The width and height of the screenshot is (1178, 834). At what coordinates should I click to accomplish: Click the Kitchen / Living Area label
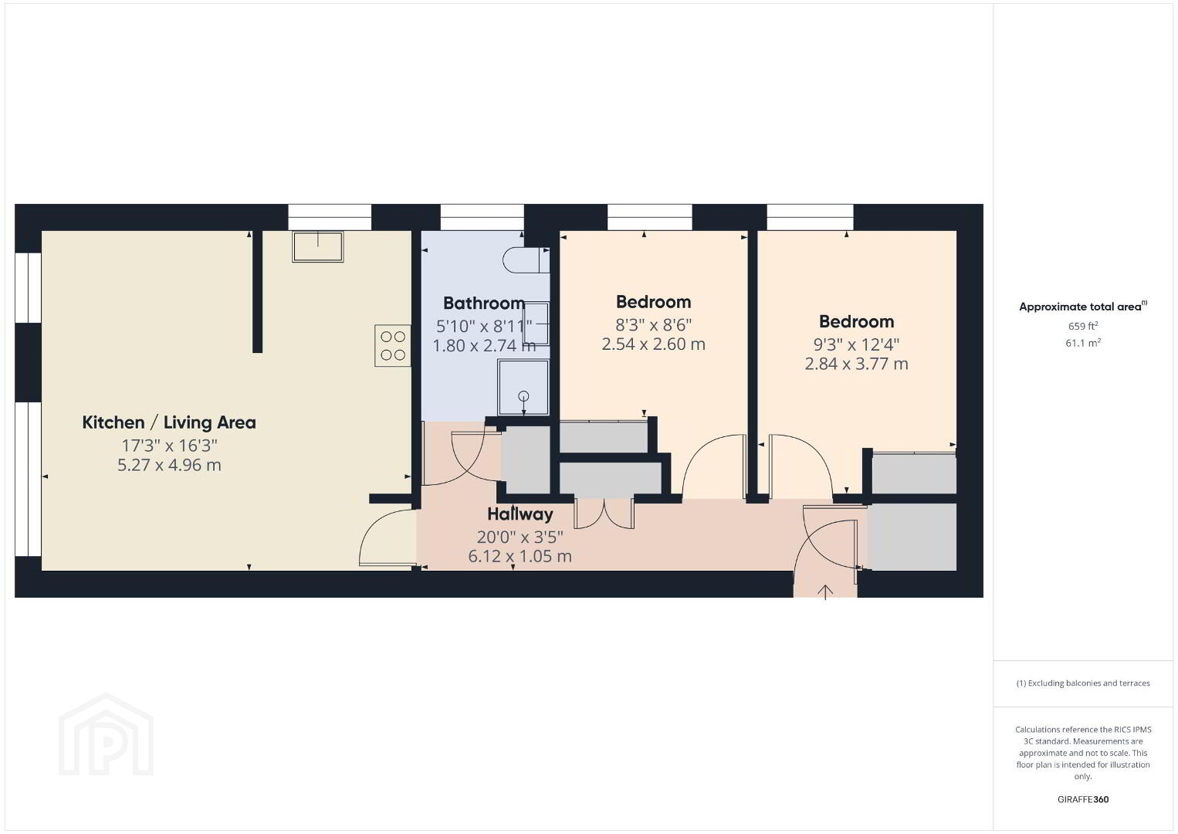(169, 422)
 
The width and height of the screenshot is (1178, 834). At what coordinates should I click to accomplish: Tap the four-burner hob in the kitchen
(392, 345)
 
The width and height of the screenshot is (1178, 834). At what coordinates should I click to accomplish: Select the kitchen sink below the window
(317, 246)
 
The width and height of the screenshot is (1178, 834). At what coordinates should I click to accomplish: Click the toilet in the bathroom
(526, 259)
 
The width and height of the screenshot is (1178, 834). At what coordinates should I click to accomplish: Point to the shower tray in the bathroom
(523, 388)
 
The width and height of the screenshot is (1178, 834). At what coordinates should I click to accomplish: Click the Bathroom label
(484, 303)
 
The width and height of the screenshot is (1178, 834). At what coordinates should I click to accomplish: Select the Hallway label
(520, 514)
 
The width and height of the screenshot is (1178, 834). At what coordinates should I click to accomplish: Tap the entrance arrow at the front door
(825, 592)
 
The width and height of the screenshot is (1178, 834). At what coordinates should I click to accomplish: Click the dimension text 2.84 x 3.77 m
(856, 364)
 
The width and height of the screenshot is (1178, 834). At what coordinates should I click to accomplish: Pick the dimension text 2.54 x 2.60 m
(653, 344)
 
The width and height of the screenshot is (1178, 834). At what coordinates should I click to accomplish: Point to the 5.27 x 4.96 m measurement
(169, 465)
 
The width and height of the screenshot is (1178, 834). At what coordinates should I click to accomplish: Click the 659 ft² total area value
(1083, 326)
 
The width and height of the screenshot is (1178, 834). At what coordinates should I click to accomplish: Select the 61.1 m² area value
(1083, 343)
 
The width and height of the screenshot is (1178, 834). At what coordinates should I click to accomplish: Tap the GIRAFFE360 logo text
(1083, 799)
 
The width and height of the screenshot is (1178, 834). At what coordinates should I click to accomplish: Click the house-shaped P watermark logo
(106, 734)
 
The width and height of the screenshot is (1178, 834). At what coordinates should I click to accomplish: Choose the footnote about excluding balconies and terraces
(1083, 683)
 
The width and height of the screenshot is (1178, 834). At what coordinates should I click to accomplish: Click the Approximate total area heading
(1083, 307)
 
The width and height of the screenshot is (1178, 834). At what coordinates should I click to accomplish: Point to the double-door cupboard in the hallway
(604, 513)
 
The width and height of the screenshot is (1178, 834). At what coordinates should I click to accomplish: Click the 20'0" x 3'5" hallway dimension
(520, 537)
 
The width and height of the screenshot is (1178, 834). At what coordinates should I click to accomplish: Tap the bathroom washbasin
(536, 324)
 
